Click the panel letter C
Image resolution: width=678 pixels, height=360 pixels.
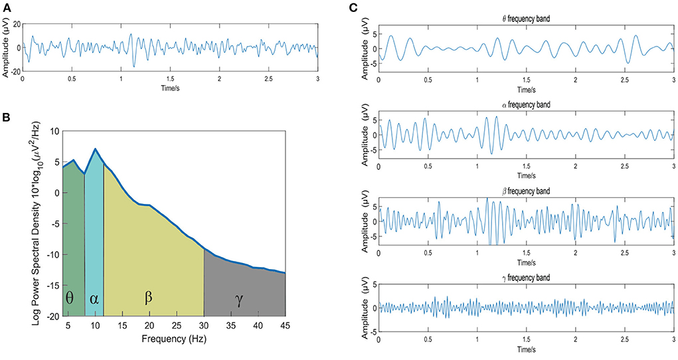353,7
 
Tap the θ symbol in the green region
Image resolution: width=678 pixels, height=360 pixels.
70,298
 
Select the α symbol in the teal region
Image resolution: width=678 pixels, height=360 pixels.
94,298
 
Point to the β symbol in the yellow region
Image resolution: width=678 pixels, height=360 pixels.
148,298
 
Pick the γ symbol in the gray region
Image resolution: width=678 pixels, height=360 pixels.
238,300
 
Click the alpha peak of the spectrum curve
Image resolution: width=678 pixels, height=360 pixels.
95,149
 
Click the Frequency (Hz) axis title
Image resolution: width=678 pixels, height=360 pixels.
174,339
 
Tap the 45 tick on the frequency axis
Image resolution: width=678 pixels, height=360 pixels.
285,325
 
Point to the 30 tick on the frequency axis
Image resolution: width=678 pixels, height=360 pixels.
204,325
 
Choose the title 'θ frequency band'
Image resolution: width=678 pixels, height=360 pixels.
526,19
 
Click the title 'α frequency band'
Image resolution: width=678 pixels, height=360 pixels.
526,105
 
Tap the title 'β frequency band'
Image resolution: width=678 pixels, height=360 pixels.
526,191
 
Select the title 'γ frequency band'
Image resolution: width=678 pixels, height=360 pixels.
526,278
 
